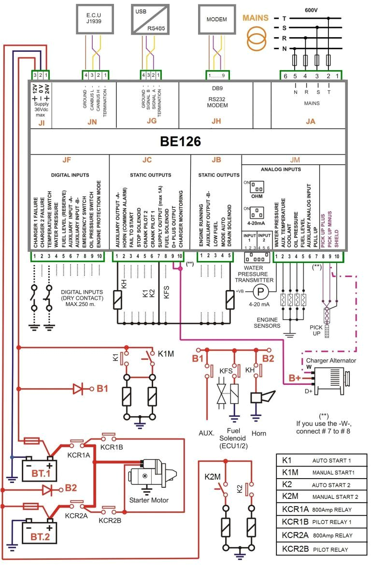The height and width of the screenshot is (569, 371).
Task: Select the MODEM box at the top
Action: tap(216, 19)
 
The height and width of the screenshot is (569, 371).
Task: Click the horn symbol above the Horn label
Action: tap(261, 397)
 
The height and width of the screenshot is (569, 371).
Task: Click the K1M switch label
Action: tap(166, 353)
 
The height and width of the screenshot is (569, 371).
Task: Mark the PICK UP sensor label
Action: tap(316, 331)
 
